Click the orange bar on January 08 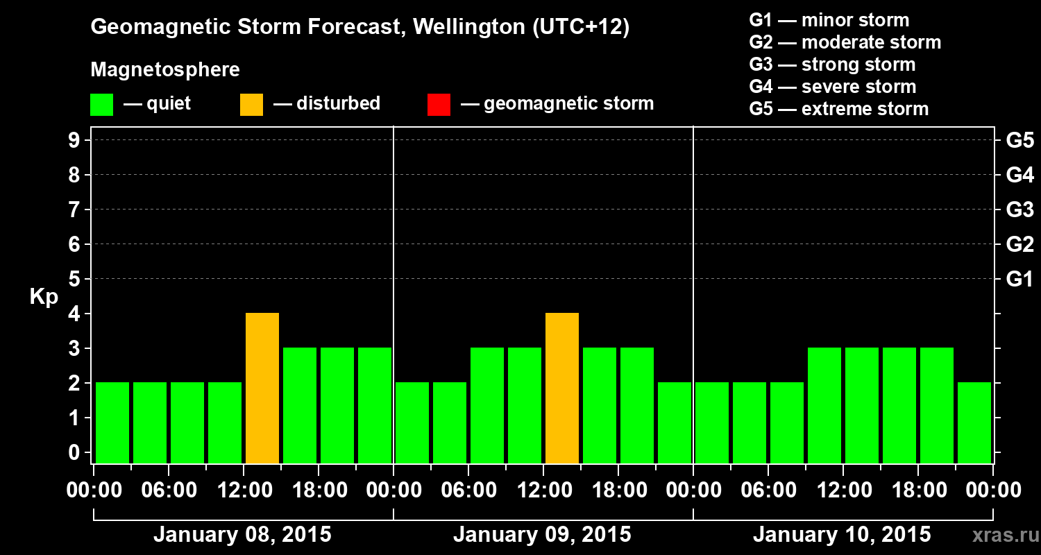coord(262,388)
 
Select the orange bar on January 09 coord(562,388)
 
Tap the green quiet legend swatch coord(101,105)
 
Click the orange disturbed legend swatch coord(251,105)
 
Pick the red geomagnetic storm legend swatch coord(439,105)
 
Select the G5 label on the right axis coord(1019,141)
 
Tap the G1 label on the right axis coord(1019,280)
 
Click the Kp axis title coord(44,298)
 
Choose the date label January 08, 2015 coord(242,535)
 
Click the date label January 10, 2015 coord(842,535)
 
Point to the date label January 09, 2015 coord(542,535)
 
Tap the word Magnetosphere coord(165,70)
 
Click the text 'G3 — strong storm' coord(832,65)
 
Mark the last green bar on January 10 coord(974,422)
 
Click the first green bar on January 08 coord(112,422)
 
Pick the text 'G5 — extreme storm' coord(838,109)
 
